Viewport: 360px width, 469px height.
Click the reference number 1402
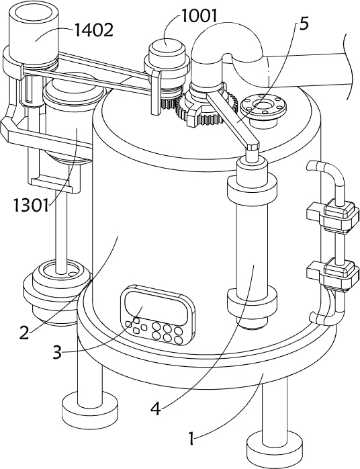(x=93, y=30)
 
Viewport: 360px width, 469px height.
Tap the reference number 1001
(x=199, y=15)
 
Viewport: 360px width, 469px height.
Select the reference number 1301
(x=31, y=206)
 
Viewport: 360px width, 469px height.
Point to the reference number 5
(x=303, y=24)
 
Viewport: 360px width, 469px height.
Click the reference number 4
(x=155, y=409)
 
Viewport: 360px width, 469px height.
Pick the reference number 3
(x=57, y=352)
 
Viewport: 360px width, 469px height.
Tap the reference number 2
(x=24, y=333)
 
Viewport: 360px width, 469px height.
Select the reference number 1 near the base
(x=191, y=439)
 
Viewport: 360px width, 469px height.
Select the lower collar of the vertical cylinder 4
(x=252, y=302)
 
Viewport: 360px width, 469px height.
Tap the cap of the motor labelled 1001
(x=167, y=48)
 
